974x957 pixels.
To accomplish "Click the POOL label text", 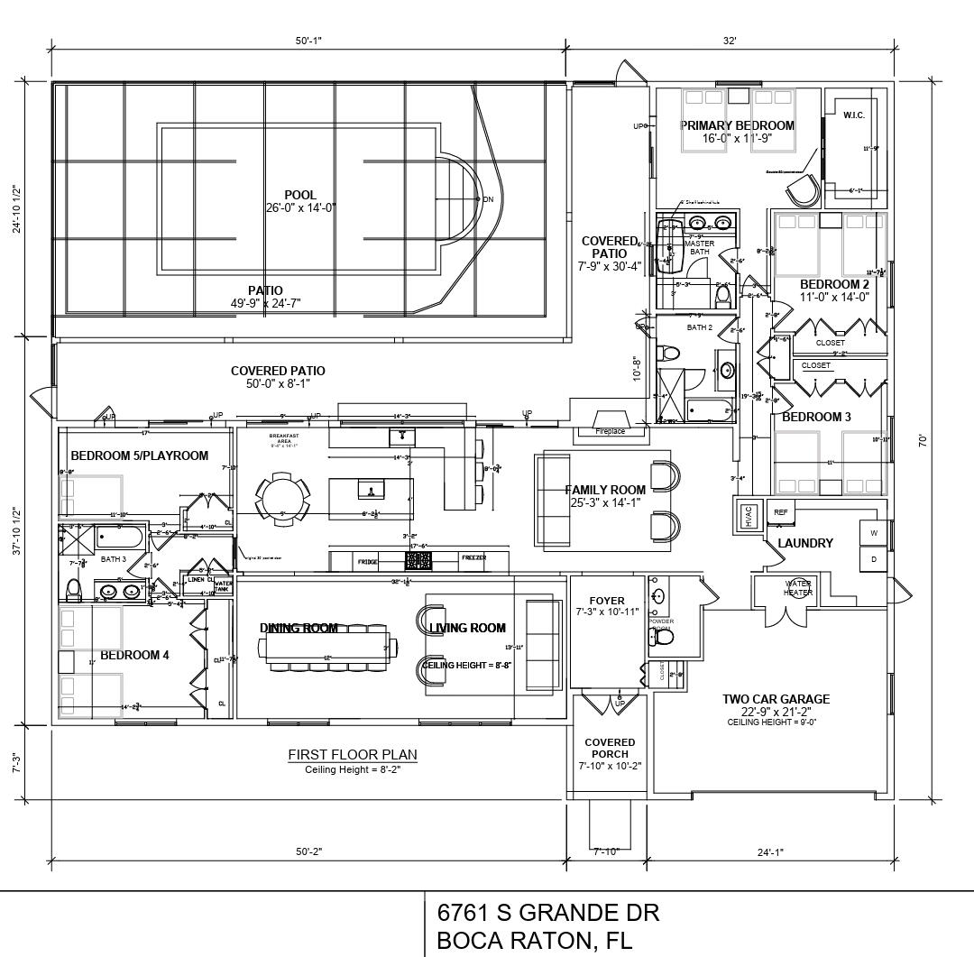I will pos(300,195).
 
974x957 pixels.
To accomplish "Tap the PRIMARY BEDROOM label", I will pos(737,125).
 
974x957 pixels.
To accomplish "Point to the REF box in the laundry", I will pos(781,512).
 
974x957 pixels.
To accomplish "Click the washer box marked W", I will pos(873,533).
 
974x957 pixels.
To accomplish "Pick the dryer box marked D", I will pos(873,559).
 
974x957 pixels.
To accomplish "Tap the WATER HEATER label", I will pos(798,588).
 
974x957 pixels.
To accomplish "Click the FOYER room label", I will pos(607,601).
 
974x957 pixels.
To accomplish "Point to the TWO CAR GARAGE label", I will pos(776,699).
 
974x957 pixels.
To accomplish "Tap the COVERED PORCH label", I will pos(610,748).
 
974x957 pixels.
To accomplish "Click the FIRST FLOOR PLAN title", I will pos(353,754).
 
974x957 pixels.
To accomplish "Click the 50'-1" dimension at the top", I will pos(308,41).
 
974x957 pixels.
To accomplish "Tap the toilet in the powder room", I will pos(664,638).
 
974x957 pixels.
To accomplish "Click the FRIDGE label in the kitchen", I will pos(367,560).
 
